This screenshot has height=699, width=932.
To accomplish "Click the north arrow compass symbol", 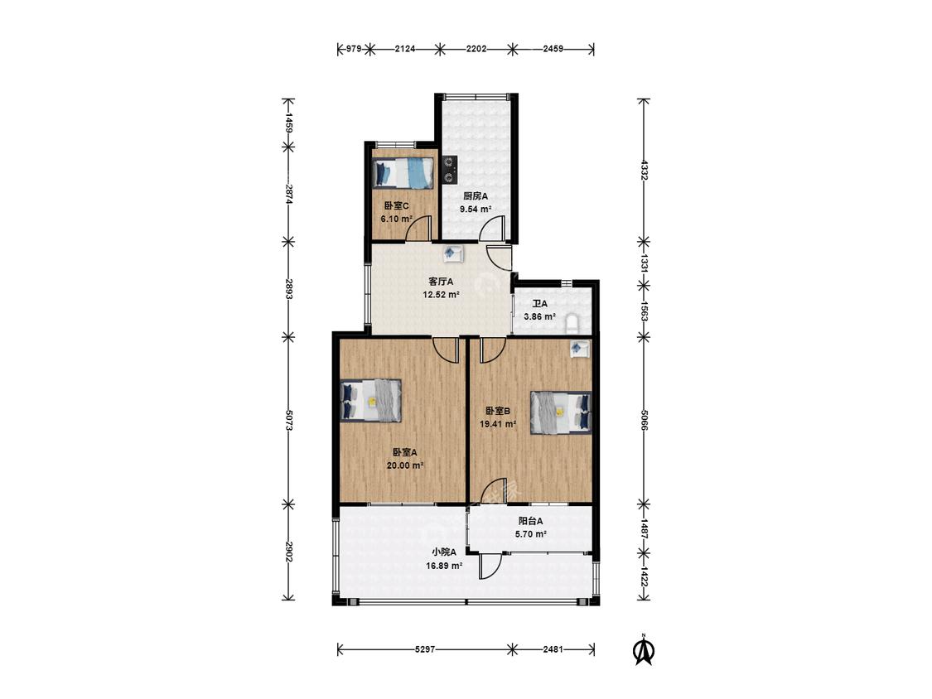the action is pos(643,649).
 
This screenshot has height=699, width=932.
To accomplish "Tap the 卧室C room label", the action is pos(396,206).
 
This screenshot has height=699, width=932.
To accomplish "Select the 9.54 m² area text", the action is pos(476,210).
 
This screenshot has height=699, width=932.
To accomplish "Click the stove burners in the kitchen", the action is pos(449,169).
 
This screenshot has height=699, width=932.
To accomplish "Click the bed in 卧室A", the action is pos(371,401).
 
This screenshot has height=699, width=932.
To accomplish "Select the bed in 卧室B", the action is pos(561,412).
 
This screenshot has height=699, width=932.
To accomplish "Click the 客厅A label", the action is pos(441,282).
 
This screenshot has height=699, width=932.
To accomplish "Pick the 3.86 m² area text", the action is pos(539,317).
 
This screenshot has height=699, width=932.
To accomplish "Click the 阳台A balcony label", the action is pos(531,521).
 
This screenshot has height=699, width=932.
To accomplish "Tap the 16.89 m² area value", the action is pos(444,566).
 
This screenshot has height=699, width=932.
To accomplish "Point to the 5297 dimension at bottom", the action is pos(424,649).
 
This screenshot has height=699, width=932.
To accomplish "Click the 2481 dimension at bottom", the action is pos(553,649).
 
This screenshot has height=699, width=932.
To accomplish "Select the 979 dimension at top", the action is pos(354,49).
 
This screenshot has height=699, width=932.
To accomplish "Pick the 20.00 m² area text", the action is pos(405,466).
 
